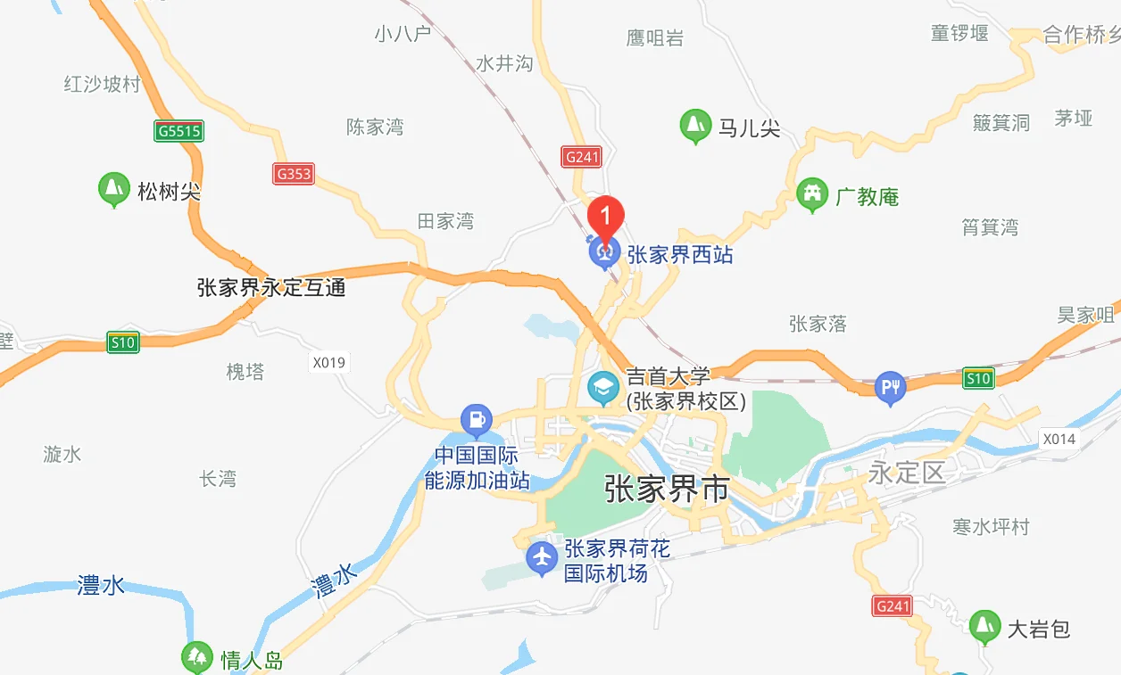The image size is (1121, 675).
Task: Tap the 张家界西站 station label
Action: (x=680, y=255)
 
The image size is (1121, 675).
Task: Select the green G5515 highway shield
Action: (x=179, y=131)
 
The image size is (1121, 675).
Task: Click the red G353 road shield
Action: (x=294, y=173)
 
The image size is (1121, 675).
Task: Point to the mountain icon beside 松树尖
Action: (x=112, y=189)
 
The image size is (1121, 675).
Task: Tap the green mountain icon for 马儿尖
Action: (x=694, y=127)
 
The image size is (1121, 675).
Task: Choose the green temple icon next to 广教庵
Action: (x=812, y=195)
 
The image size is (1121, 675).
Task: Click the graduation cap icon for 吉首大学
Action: (x=603, y=388)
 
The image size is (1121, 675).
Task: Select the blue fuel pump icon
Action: (x=477, y=418)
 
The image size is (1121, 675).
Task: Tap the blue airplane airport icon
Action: (x=542, y=558)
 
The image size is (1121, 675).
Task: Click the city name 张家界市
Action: (x=667, y=489)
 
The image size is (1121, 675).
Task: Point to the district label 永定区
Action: (x=907, y=472)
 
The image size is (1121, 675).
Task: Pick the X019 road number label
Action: (x=328, y=363)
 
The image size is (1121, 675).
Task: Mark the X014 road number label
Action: (x=1059, y=439)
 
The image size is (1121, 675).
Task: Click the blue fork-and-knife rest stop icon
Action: (x=890, y=387)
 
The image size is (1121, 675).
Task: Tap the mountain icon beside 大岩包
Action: (x=984, y=627)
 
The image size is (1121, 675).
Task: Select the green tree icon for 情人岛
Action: (x=197, y=658)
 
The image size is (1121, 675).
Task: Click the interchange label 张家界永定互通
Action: (x=271, y=288)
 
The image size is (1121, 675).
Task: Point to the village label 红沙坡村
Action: (x=103, y=85)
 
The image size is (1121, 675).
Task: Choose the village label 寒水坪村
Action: (x=991, y=527)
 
